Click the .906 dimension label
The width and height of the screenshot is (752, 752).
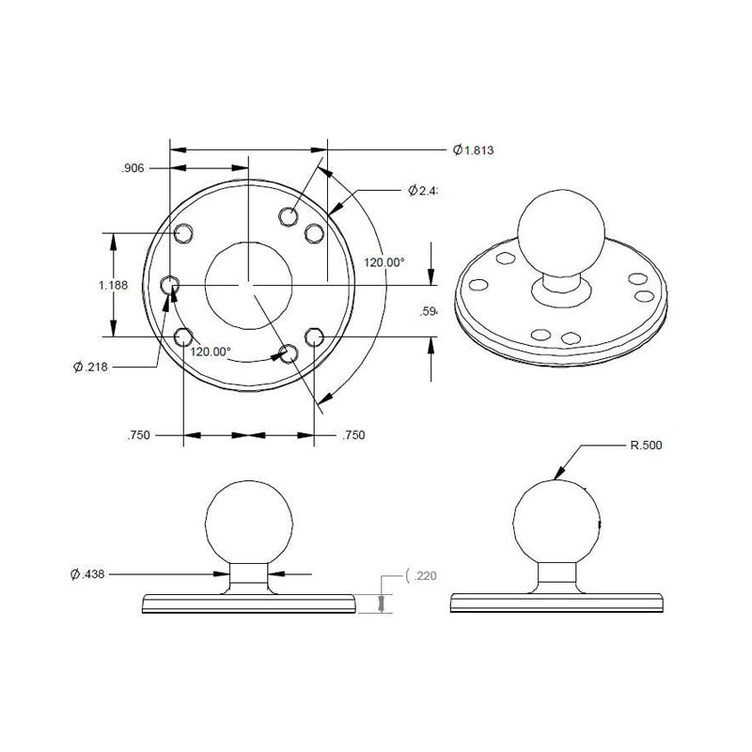tap(133, 169)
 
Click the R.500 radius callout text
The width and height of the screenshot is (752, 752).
tap(646, 446)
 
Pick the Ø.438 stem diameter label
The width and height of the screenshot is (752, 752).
tap(94, 572)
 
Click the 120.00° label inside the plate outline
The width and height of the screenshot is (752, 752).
tap(211, 352)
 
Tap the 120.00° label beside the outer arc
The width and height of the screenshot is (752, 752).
tap(384, 262)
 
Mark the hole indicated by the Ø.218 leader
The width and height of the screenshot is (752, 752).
tap(171, 284)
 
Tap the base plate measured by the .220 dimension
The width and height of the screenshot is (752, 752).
tap(249, 603)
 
